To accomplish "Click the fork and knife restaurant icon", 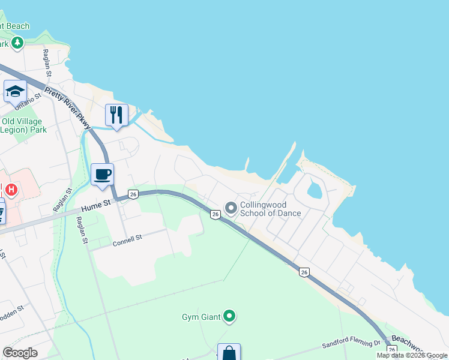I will point(116,115).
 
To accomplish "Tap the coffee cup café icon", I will point(103,174).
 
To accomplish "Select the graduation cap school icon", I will point(15,91).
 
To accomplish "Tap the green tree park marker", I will point(17,43).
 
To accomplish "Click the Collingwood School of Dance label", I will point(270,209).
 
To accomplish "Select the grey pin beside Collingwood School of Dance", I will point(231,208).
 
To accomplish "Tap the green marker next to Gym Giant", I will point(229,316).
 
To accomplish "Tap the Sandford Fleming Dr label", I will point(351,344).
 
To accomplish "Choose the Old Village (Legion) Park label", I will point(23,125).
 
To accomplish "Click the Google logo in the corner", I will point(20,352).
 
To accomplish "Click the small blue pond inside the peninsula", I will point(315,191).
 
